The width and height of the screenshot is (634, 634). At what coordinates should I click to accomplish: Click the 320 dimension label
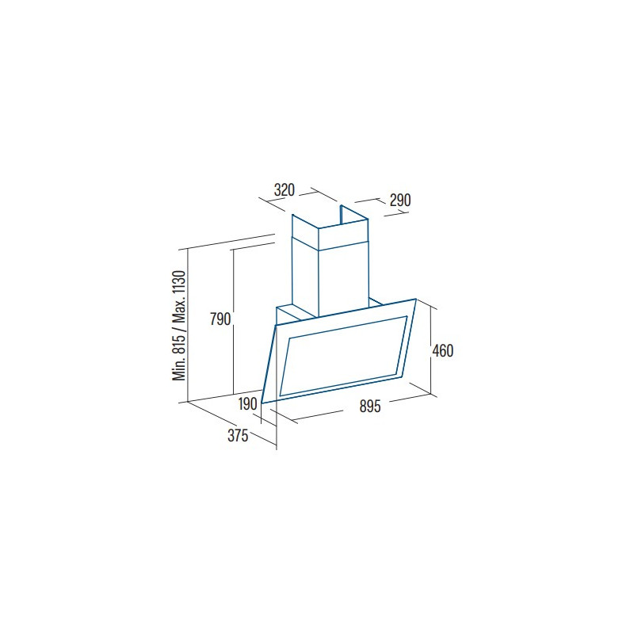click(285, 189)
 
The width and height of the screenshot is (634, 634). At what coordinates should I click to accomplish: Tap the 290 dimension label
click(400, 201)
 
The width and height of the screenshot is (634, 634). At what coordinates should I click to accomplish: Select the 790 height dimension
click(220, 319)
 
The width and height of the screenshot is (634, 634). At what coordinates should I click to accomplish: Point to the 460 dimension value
click(443, 350)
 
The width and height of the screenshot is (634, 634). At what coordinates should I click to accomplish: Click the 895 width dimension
click(370, 406)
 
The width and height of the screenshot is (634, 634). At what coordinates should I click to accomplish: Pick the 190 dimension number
click(247, 403)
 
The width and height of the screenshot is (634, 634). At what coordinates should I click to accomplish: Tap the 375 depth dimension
click(238, 436)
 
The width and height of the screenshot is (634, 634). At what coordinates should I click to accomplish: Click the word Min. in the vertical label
click(179, 369)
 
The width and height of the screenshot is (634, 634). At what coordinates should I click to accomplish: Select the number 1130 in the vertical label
click(179, 284)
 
